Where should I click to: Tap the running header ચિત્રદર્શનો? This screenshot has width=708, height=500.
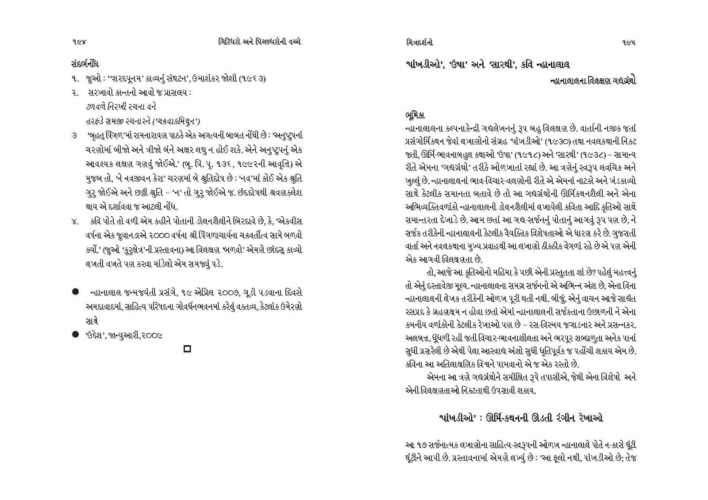click(419, 42)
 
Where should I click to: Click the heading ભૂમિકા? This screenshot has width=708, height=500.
click(415, 115)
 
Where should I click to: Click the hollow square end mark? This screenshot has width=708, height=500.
click(187, 349)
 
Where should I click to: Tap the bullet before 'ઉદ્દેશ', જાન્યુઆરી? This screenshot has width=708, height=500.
click(75, 335)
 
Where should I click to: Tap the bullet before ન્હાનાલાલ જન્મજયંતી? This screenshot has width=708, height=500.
click(75, 292)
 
